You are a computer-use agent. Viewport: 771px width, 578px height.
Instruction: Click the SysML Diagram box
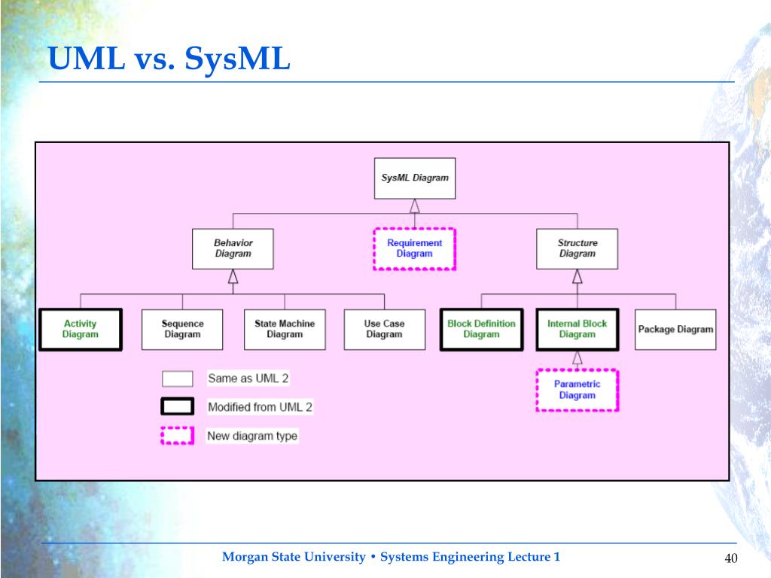tap(415, 178)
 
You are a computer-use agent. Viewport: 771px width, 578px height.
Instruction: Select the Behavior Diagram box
tap(233, 248)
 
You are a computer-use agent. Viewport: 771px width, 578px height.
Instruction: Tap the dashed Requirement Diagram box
tap(415, 248)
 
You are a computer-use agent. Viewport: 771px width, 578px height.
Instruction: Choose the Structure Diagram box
tap(577, 248)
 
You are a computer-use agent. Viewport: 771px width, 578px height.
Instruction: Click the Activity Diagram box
tap(81, 330)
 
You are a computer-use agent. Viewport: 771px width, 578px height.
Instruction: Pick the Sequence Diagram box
tap(182, 330)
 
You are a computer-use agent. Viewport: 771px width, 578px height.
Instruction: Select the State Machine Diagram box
tap(285, 330)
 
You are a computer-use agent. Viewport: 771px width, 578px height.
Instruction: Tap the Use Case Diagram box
tap(385, 330)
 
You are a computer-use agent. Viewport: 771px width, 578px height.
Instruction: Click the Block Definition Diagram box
tap(481, 330)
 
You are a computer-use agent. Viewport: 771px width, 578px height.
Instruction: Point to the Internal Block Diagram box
tap(577, 330)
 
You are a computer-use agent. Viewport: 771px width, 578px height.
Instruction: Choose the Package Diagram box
tap(675, 330)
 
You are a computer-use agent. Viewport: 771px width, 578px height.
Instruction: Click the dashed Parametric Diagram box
tap(577, 390)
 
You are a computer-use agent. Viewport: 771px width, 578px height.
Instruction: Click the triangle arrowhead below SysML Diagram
tap(415, 206)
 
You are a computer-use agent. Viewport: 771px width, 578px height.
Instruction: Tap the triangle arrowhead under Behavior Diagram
tap(233, 276)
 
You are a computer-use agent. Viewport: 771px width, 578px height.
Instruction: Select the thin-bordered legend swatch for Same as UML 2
tap(178, 379)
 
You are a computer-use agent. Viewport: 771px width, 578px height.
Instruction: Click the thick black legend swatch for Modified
tap(178, 406)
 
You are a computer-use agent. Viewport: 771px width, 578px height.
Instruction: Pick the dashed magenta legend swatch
tap(178, 436)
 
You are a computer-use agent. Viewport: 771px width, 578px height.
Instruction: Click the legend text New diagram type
tap(252, 436)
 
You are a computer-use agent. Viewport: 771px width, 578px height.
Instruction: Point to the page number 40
tap(730, 558)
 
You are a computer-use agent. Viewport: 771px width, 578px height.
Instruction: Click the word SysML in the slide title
tap(237, 59)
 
